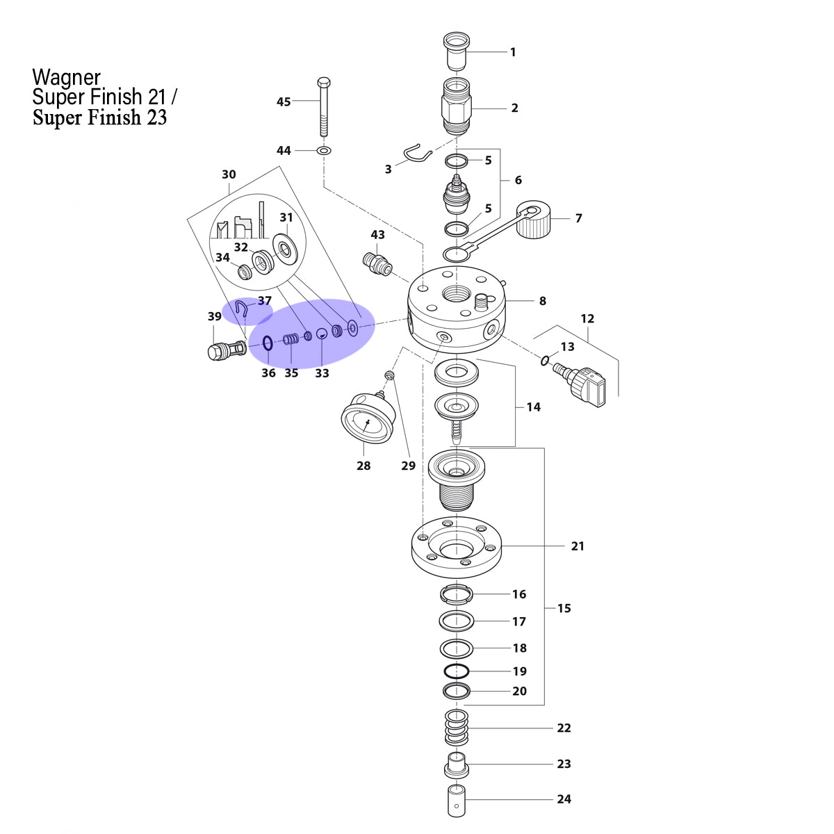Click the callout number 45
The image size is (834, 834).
[x=284, y=101]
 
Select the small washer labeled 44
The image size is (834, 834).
[x=324, y=151]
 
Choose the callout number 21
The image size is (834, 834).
[x=578, y=546]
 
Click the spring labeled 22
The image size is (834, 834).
[x=456, y=728]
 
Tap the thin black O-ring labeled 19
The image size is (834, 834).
[x=457, y=671]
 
